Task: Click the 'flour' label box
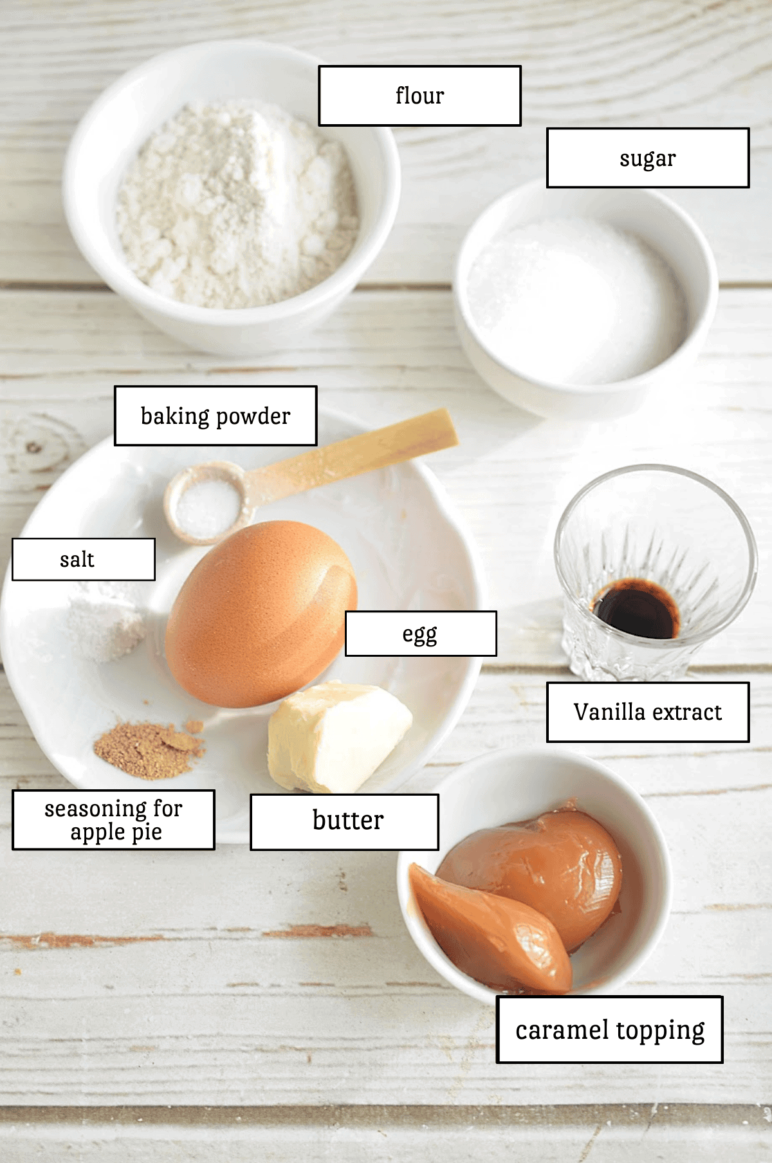point(419,95)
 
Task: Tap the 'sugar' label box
point(647,158)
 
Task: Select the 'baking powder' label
point(216,416)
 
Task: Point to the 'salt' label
point(83,560)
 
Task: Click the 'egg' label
point(421,634)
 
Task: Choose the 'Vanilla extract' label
point(647,712)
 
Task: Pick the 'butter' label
point(345,821)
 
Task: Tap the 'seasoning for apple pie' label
point(113,820)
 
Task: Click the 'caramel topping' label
point(609,1029)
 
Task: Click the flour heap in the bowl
point(235,206)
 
